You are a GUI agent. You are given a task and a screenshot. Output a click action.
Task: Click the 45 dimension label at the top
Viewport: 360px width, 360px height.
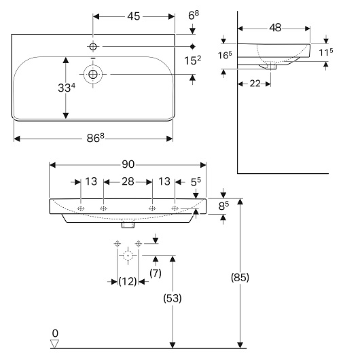coord(133,16)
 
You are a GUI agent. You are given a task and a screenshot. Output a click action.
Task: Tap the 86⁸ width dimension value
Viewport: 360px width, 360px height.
coord(95,138)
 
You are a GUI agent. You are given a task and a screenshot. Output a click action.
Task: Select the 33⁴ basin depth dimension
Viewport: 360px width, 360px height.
coord(67,88)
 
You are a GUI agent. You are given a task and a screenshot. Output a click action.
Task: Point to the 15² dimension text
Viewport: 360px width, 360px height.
coord(192,60)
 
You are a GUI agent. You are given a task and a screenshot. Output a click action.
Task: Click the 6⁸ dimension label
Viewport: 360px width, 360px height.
coord(194,16)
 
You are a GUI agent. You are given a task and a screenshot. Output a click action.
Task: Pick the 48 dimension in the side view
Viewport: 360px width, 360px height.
coord(275,28)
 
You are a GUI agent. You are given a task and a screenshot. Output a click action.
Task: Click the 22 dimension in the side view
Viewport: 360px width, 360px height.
coord(255,84)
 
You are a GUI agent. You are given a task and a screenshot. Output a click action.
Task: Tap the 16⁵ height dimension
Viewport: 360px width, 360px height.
coord(225,55)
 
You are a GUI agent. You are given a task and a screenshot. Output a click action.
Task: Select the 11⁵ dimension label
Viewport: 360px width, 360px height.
coord(326,52)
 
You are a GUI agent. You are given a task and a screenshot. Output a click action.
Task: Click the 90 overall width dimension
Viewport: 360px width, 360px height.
coord(128,164)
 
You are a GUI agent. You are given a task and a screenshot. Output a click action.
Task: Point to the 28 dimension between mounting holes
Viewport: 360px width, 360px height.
coord(128,181)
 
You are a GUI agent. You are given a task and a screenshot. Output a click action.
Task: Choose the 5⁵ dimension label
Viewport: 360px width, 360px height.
coord(196,182)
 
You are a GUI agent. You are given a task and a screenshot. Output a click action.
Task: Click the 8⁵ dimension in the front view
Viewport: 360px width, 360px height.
coord(223,206)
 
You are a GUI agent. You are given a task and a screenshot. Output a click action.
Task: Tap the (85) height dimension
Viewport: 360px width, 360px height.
coord(240,277)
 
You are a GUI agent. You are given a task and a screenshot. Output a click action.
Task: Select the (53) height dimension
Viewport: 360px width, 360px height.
coord(173,298)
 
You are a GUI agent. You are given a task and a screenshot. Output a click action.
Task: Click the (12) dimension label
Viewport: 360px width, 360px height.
coord(128,281)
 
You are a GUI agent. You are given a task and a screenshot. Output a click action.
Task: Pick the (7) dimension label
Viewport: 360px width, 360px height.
coord(156,273)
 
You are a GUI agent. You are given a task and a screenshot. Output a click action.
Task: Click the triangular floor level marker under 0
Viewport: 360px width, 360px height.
coord(54,344)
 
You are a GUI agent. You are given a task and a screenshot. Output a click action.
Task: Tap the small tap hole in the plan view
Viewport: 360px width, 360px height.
coord(93,47)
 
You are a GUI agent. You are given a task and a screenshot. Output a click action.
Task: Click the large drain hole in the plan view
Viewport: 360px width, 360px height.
coord(93,75)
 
